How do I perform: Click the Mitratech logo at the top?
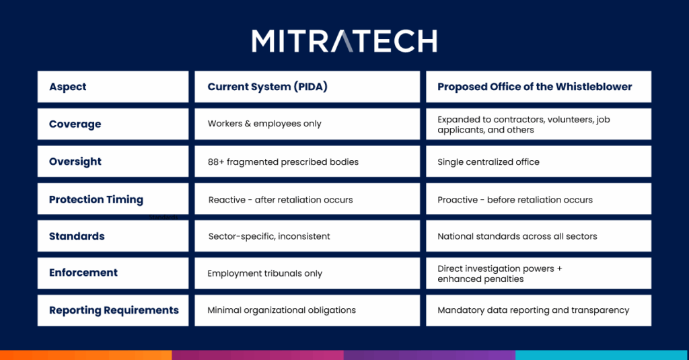click(x=344, y=41)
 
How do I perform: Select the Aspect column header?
click(x=68, y=87)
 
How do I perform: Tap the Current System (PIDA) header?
click(x=268, y=87)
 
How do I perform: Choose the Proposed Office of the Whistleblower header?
click(x=535, y=87)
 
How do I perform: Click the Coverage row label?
click(x=75, y=124)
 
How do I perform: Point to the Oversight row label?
click(x=75, y=161)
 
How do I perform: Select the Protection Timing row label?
click(x=96, y=199)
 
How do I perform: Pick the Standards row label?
click(x=77, y=236)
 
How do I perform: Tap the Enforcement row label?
click(x=83, y=273)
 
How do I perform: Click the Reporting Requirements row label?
click(x=114, y=310)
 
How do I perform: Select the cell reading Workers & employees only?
click(x=264, y=124)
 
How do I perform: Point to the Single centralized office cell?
click(x=488, y=161)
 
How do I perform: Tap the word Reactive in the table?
click(x=227, y=200)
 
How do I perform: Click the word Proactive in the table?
click(x=458, y=200)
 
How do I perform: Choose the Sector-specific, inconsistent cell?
click(x=269, y=236)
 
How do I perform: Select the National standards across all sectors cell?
click(x=517, y=236)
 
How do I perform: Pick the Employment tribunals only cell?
click(x=265, y=273)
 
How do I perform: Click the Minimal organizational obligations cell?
click(x=282, y=310)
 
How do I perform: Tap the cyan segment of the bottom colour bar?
click(x=602, y=355)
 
